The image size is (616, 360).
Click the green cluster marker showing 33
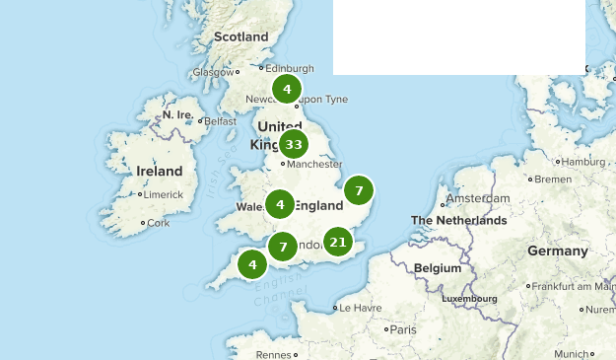point(293,145)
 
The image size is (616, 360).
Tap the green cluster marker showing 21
point(338,242)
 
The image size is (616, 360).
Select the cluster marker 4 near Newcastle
point(287,90)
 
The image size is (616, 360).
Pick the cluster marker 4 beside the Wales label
point(280,205)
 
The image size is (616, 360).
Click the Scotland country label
point(241,36)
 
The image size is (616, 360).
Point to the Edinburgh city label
point(290,68)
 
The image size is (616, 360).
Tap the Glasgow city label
point(213,72)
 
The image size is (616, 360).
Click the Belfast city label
point(221,121)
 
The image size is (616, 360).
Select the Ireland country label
point(159,171)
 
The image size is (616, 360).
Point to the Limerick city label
point(163,194)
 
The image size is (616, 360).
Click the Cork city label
point(158,223)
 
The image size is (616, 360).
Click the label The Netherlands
point(458,220)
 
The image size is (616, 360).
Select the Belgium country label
point(438,267)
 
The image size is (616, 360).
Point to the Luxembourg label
point(469,298)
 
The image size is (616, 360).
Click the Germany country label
point(557,251)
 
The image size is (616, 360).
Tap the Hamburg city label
point(582,162)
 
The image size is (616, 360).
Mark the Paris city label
point(402,328)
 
